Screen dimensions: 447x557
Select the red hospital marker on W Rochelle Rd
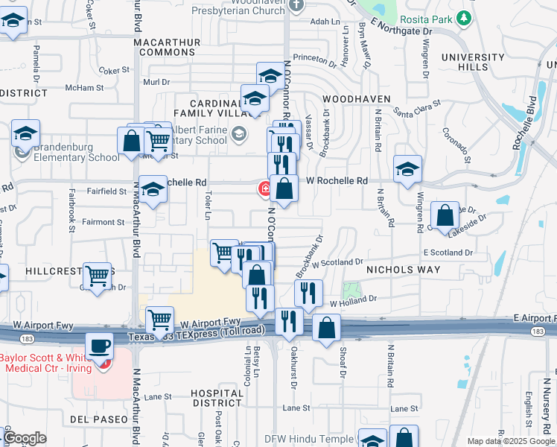click(264, 188)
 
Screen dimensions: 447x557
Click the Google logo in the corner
click(24, 438)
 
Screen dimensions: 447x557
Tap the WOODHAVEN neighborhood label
click(353, 98)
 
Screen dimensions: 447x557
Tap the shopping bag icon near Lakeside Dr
click(445, 216)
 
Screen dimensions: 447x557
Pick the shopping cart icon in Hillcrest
click(98, 276)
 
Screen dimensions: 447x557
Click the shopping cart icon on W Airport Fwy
click(159, 320)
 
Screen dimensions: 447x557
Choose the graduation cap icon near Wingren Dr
click(407, 169)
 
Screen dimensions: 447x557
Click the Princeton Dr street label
click(315, 57)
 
